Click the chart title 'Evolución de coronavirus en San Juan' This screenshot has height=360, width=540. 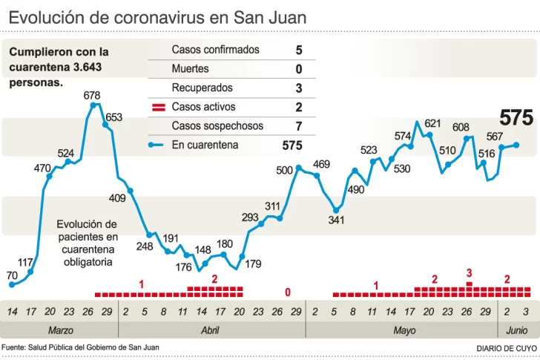[157, 16]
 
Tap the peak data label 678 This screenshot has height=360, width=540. [92, 95]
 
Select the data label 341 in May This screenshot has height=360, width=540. [336, 220]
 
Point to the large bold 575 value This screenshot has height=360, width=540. [516, 117]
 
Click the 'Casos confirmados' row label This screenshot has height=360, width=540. [215, 50]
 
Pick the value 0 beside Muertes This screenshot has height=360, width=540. [298, 69]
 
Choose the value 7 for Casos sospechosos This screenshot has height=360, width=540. [298, 126]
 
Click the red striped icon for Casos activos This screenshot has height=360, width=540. [157, 108]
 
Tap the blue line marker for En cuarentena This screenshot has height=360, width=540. [157, 145]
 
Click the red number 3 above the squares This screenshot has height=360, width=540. [469, 274]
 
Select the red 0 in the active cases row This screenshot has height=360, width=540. [287, 292]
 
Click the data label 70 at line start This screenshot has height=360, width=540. [12, 275]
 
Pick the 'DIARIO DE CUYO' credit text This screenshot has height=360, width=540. [506, 347]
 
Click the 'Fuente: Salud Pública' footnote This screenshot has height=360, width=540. [80, 347]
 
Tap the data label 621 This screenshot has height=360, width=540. [432, 123]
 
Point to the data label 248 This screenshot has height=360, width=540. [145, 246]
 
